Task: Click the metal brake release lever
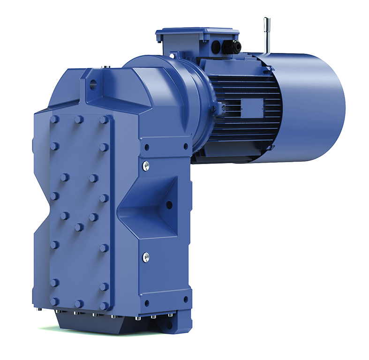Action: point(267,35)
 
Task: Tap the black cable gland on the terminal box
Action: point(232,46)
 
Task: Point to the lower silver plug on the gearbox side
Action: point(146,256)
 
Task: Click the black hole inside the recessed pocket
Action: point(169,204)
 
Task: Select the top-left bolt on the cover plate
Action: point(54,120)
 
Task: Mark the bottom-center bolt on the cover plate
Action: point(79,304)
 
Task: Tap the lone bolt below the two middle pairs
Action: point(79,227)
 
